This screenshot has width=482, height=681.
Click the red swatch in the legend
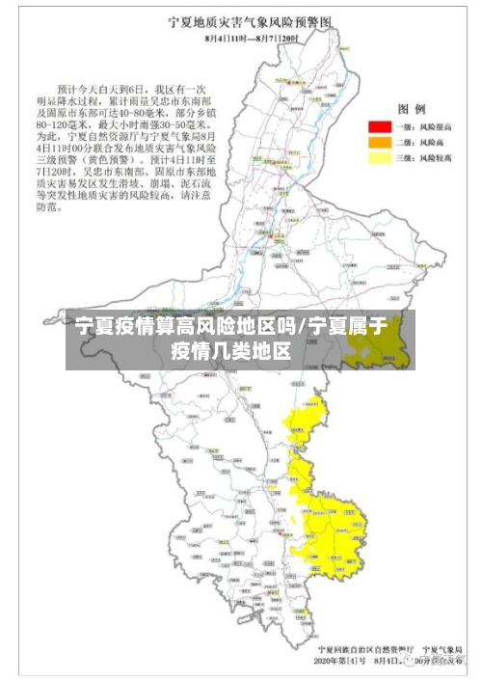coord(378,126)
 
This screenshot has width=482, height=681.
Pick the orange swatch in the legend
coord(378,142)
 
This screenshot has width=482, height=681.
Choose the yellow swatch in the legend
coord(378,156)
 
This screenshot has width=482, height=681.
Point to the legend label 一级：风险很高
coord(421,126)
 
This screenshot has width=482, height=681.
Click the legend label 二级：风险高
coord(418,142)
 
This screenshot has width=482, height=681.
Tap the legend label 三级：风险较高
coord(421,156)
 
